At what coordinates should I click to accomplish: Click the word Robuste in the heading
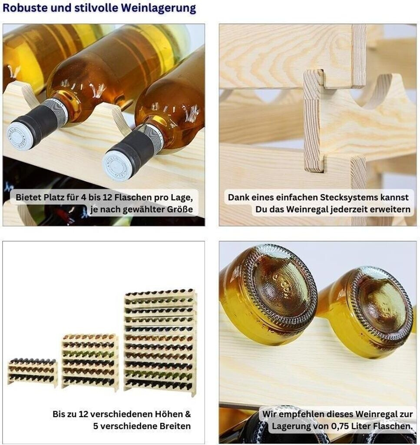[25, 8]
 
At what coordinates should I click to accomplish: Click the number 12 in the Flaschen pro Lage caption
[107, 197]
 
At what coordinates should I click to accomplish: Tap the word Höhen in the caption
[169, 414]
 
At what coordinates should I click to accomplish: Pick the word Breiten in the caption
[175, 426]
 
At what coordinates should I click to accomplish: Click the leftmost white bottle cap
[20, 136]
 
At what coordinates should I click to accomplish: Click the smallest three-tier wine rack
[32, 372]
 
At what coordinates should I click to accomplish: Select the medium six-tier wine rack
[90, 362]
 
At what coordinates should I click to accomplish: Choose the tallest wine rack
[161, 342]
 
